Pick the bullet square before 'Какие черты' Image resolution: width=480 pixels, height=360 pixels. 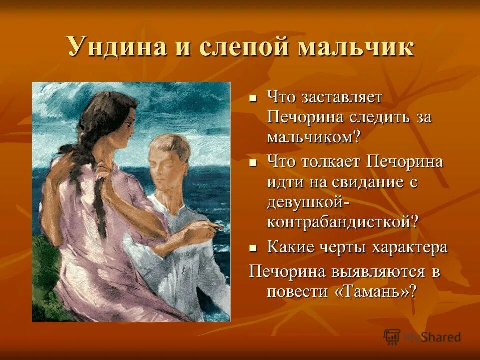tap(253, 247)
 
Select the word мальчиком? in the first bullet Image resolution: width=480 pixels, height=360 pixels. tap(313, 138)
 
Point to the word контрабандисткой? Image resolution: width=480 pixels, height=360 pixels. tap(342, 222)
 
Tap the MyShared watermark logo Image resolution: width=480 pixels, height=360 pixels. tap(422, 336)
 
